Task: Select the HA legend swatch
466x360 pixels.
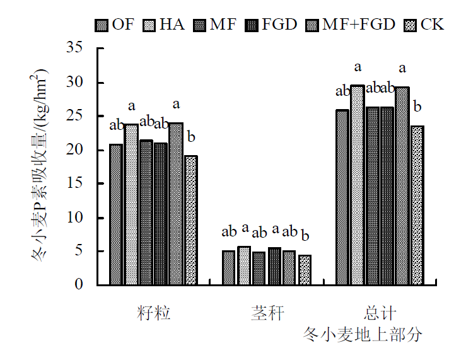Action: coord(150,26)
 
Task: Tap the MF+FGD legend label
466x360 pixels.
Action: coord(359,25)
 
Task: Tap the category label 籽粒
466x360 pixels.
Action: coord(153,313)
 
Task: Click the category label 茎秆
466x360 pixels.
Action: coord(266,313)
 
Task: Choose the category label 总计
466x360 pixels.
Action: coord(380,313)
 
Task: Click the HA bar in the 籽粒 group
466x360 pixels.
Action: coord(131,204)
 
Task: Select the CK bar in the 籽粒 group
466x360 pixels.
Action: coord(190,220)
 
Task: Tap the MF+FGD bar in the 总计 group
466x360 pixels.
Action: coord(402,185)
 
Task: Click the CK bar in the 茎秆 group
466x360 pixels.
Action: coord(304,270)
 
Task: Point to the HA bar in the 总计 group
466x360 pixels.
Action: coord(358,185)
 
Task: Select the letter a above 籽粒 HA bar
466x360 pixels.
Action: coord(132,106)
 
